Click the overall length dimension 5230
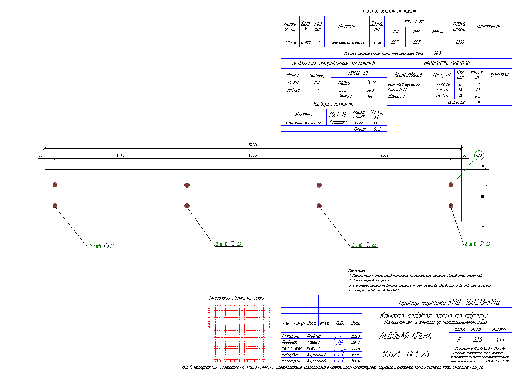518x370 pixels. (x=253, y=144)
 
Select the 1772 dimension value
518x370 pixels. (x=121, y=155)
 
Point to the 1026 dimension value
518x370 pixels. (x=253, y=155)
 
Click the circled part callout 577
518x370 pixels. (x=479, y=155)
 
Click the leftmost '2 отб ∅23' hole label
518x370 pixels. (x=102, y=246)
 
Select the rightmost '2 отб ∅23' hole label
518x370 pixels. (x=477, y=244)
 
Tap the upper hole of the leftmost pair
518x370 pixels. (x=55, y=185)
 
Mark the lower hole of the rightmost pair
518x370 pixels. (x=451, y=206)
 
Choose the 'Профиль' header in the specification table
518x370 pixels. (x=346, y=26)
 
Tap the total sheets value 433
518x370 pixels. (x=499, y=339)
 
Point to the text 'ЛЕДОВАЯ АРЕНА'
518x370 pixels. (x=405, y=336)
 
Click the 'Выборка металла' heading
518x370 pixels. (x=333, y=104)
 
